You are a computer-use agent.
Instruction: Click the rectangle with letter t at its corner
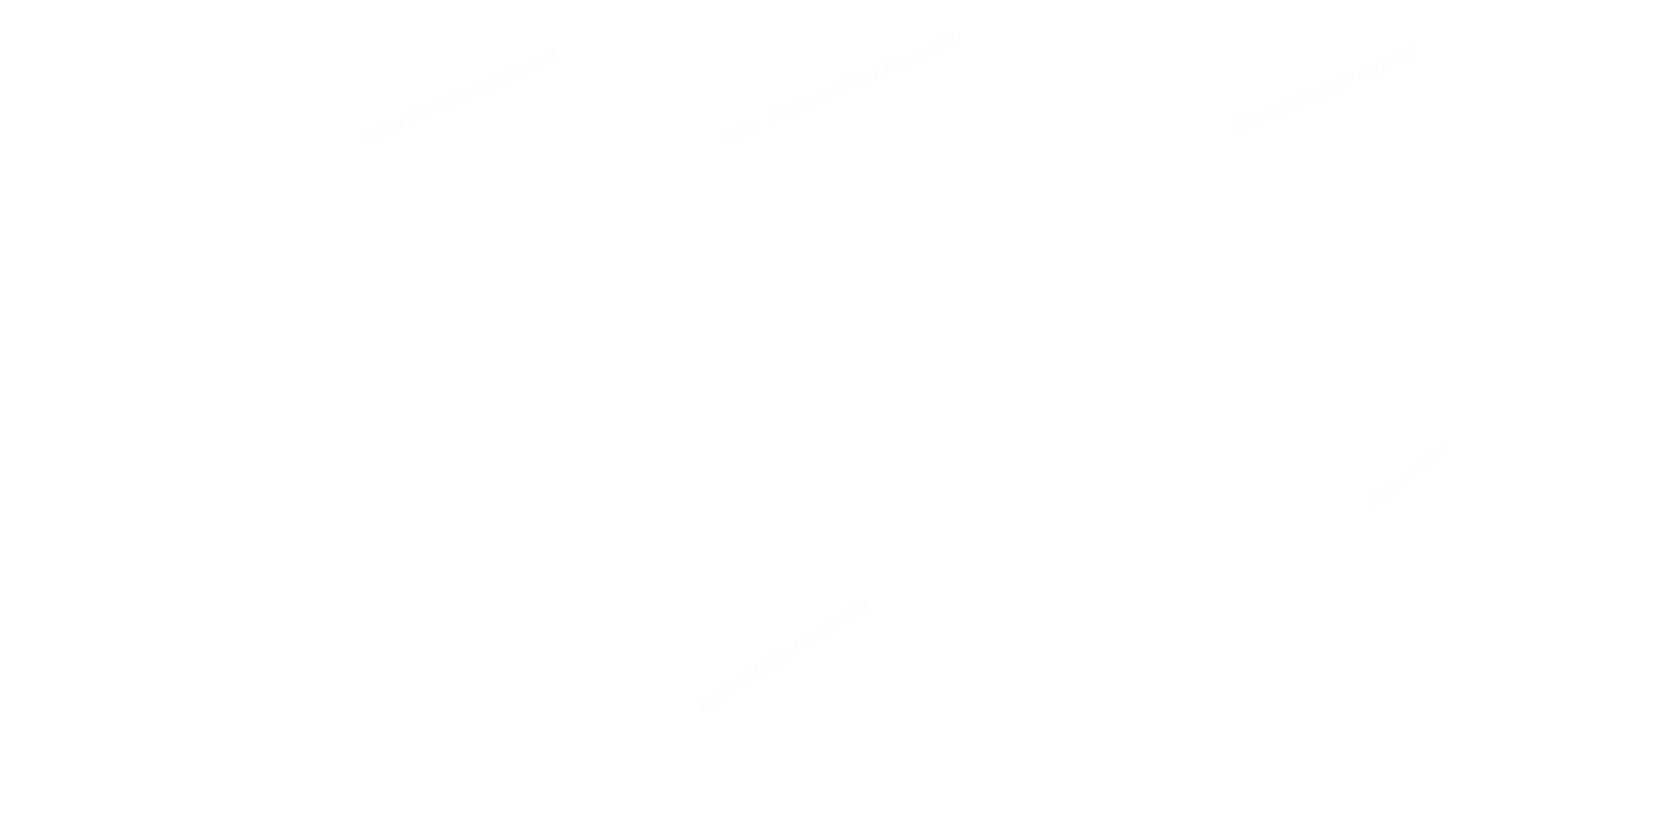(461, 95)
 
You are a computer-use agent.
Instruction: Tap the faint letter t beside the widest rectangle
(553, 57)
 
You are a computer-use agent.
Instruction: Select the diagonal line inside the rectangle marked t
(476, 111)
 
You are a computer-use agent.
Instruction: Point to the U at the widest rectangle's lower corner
(368, 136)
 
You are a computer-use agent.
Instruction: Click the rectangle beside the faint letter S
(1324, 89)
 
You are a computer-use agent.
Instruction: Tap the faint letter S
(1239, 125)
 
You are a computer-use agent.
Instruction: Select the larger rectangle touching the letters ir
(782, 110)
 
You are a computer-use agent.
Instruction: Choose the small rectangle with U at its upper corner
(902, 59)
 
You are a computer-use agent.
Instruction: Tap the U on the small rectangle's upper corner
(955, 38)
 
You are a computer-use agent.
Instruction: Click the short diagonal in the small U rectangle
(895, 84)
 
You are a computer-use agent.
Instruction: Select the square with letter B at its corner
(1411, 477)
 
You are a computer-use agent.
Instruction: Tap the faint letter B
(1372, 502)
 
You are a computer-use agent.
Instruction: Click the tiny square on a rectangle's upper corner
(863, 606)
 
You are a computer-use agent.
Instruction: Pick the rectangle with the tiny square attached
(782, 659)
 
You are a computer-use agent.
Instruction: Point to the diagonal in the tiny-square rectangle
(794, 675)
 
